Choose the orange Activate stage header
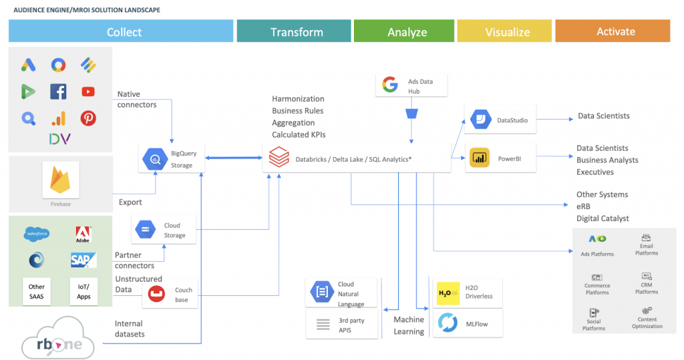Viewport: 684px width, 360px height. click(612, 31)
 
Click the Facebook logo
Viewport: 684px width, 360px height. click(58, 92)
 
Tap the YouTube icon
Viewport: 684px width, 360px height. click(88, 92)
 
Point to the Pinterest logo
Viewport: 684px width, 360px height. click(88, 118)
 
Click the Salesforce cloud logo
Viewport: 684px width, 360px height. click(37, 234)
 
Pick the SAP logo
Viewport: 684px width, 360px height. click(83, 260)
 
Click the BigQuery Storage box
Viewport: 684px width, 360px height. click(170, 159)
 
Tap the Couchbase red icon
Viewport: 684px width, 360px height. click(158, 294)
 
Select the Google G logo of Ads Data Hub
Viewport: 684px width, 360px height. click(390, 85)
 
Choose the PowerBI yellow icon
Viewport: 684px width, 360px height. click(479, 159)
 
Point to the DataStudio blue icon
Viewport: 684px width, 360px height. click(480, 120)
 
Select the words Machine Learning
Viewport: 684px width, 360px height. click(409, 325)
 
